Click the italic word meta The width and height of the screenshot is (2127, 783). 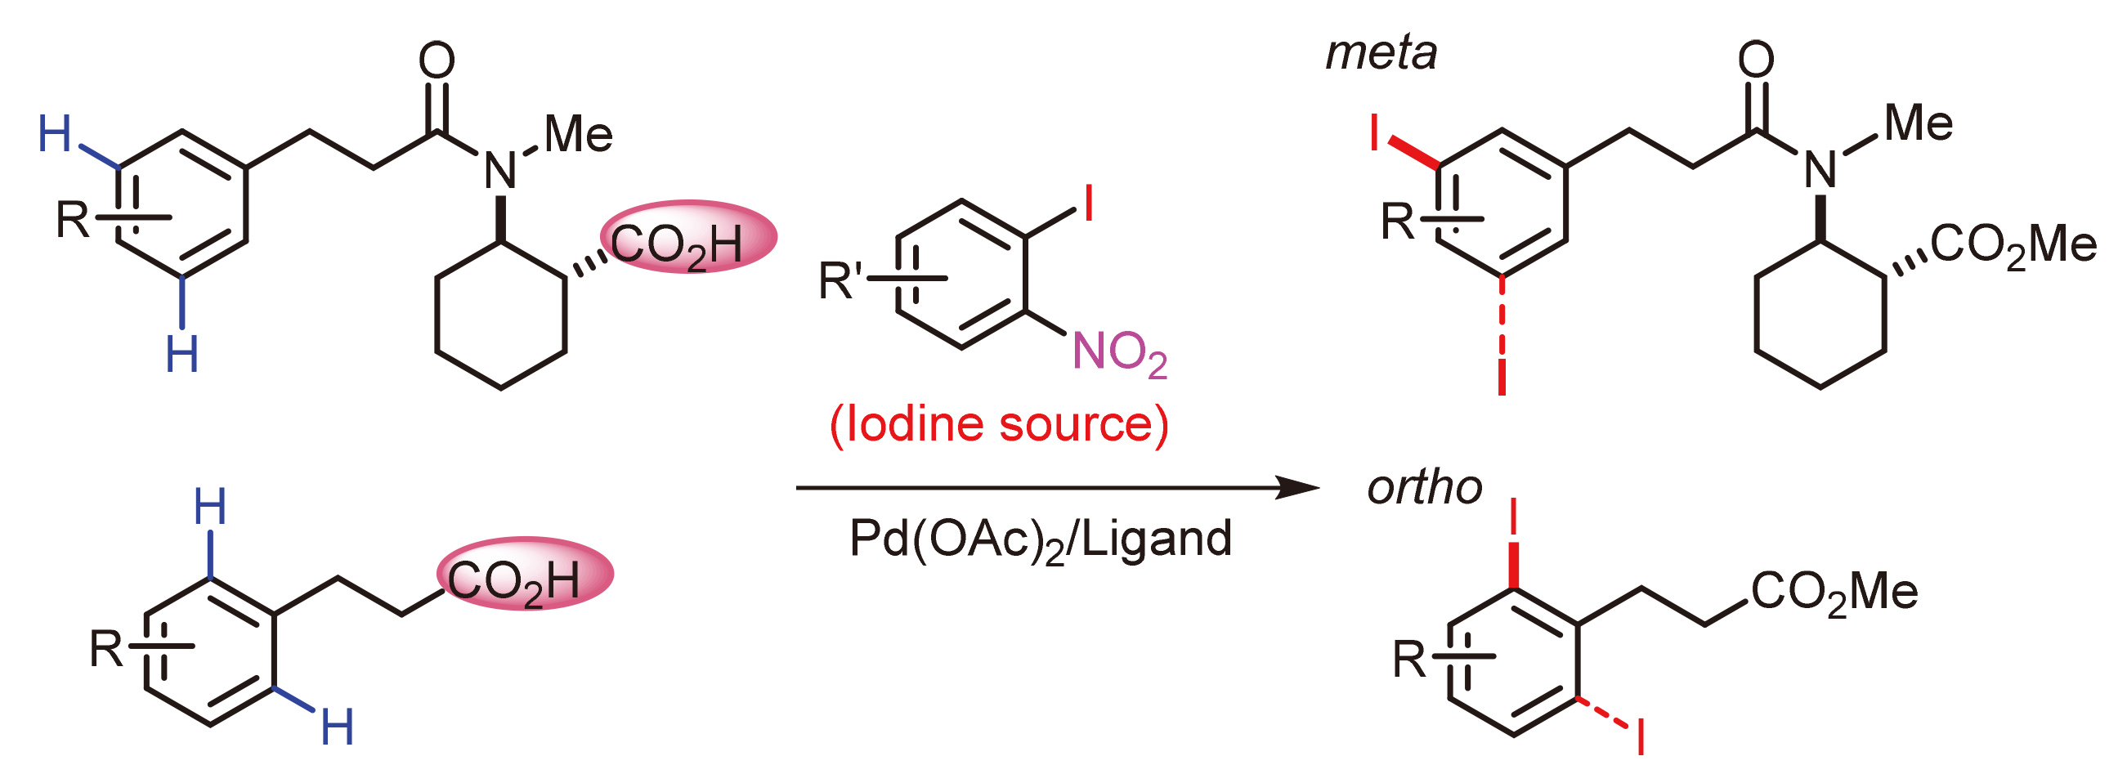point(1381,54)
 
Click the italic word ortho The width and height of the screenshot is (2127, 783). point(1424,488)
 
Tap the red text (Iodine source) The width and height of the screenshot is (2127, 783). point(999,424)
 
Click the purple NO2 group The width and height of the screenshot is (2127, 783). point(1119,353)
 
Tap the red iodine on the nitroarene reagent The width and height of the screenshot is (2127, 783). point(1088,204)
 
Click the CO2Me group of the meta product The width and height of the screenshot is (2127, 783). point(2013,245)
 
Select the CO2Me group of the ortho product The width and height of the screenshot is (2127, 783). point(1834,592)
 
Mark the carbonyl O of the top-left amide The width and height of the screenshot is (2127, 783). point(437,60)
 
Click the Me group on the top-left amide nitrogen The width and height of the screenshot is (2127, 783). point(578,134)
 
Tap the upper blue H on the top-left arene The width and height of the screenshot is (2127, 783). point(56,135)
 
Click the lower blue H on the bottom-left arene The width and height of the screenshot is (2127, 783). point(338,727)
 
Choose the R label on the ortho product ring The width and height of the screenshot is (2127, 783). point(1409,660)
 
